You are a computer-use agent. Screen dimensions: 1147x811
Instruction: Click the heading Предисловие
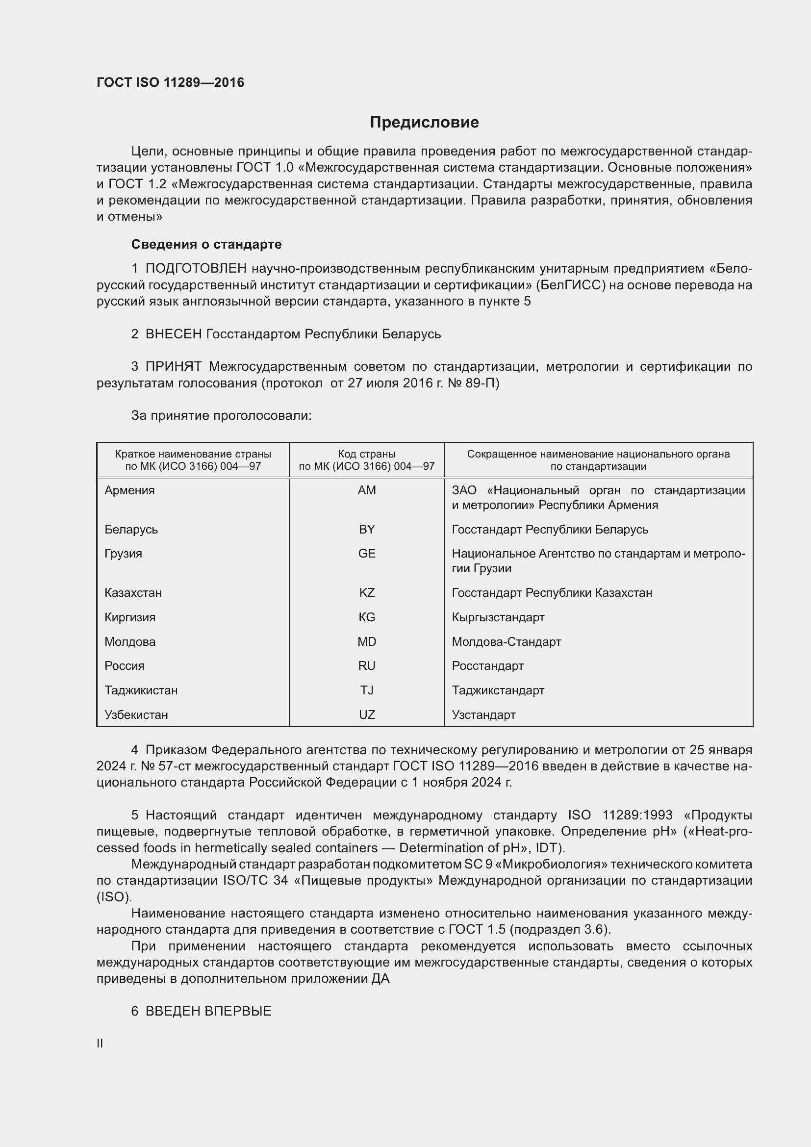[424, 122]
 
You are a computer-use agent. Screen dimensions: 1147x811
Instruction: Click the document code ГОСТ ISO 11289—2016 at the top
[170, 82]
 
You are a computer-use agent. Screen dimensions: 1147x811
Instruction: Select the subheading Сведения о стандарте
[206, 244]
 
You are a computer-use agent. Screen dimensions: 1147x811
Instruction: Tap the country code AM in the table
[367, 490]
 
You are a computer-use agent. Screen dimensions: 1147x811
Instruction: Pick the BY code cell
[367, 529]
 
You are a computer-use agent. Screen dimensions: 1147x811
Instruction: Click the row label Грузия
[124, 554]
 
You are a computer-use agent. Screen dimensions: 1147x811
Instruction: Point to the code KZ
[367, 592]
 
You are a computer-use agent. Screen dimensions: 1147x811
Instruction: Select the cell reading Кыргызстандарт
[498, 617]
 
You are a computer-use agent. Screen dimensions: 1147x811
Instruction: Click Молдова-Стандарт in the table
[506, 641]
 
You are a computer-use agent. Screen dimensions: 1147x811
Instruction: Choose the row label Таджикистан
[141, 690]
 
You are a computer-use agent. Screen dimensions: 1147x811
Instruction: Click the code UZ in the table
[367, 714]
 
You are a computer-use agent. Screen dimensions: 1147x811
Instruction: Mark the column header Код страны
[367, 454]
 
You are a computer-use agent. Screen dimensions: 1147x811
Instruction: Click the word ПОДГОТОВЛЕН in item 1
[196, 268]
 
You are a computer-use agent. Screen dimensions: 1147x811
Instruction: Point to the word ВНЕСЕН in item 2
[173, 334]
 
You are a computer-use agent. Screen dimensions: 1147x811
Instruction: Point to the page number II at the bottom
[100, 1043]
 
